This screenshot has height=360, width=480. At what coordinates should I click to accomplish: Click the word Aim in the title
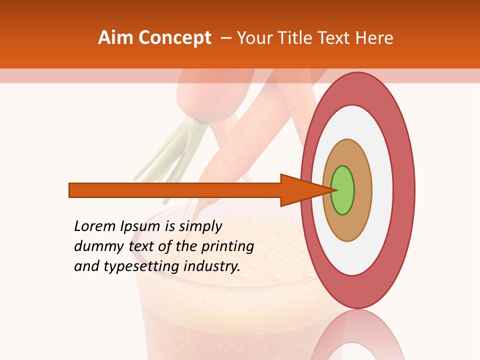[x=116, y=38]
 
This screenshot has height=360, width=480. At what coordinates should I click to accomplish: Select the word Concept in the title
[x=174, y=38]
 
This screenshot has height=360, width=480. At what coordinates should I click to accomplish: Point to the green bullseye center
[x=342, y=190]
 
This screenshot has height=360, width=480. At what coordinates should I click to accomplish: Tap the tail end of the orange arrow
[x=70, y=190]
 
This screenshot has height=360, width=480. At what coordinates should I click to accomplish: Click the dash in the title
[x=225, y=38]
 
